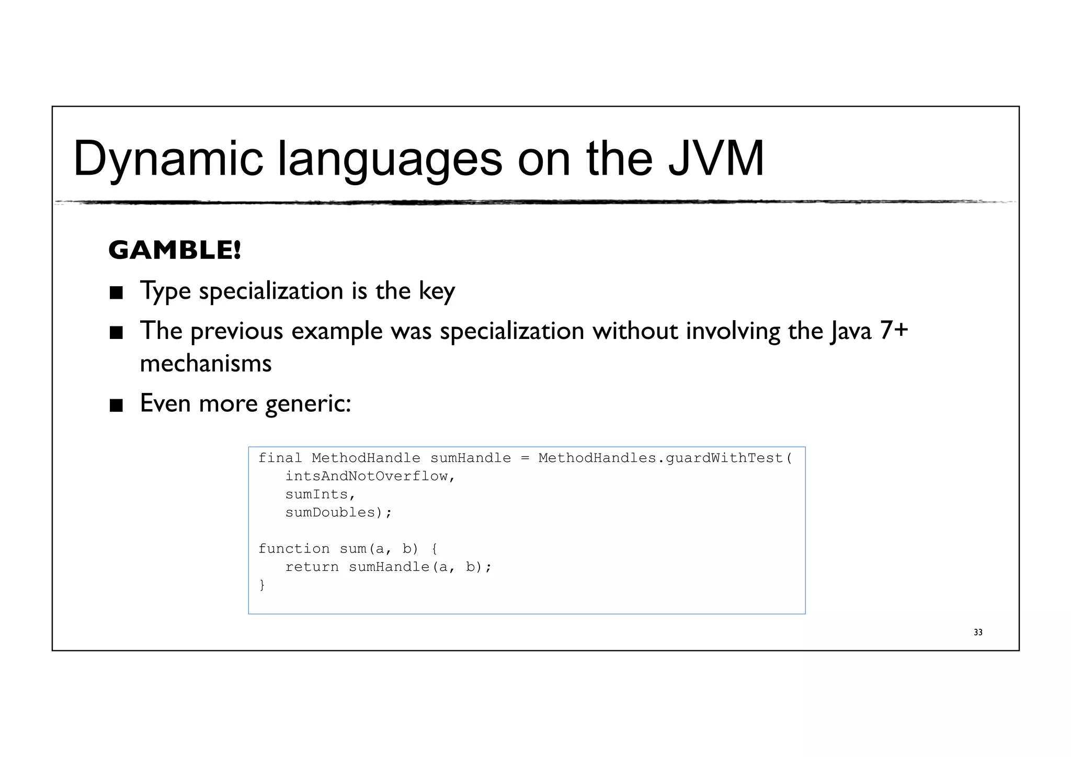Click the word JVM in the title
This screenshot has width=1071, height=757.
point(716,159)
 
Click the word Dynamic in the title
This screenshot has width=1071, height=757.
point(168,159)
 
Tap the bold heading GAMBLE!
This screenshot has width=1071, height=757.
point(175,250)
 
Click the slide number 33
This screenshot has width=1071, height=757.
point(978,632)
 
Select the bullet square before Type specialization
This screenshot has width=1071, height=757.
point(116,293)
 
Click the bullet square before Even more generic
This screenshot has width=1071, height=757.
point(116,405)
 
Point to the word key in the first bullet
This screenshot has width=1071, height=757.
point(437,291)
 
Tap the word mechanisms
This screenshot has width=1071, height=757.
point(206,363)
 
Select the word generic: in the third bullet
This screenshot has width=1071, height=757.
point(308,403)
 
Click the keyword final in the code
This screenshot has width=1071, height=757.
point(280,458)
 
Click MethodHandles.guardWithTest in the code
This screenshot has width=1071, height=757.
point(665,458)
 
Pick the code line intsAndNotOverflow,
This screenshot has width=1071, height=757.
point(370,477)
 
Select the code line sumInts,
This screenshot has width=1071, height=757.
point(320,494)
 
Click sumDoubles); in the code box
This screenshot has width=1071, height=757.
point(338,513)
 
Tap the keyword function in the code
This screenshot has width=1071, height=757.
point(294,549)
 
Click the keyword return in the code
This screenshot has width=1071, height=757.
point(312,567)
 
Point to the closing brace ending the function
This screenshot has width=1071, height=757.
point(262,585)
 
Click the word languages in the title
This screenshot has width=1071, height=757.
point(390,159)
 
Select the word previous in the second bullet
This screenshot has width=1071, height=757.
point(237,331)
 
